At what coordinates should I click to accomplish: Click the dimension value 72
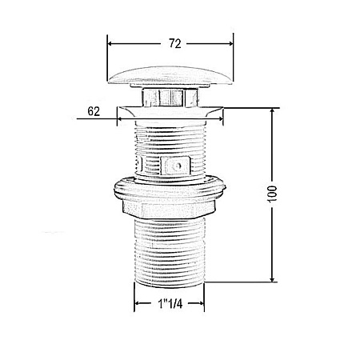coord(175,43)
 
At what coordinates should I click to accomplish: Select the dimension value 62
coord(94,111)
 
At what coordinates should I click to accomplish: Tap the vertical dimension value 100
coord(272,194)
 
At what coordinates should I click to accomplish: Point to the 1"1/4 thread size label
coord(170,303)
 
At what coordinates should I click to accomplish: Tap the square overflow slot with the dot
coord(177,166)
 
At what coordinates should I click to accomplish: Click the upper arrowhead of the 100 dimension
coord(272,111)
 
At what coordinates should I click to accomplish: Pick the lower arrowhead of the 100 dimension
coord(272,278)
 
